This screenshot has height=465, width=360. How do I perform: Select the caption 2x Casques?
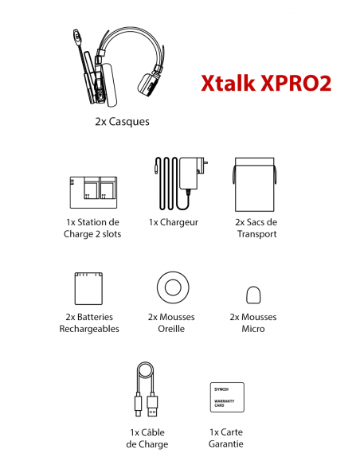(x=121, y=122)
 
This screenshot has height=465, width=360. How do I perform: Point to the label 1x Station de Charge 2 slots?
(x=92, y=229)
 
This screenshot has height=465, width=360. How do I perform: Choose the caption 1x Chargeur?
(x=174, y=223)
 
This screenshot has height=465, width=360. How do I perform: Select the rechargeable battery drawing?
(x=89, y=287)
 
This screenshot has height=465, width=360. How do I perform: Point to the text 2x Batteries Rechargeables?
(x=89, y=322)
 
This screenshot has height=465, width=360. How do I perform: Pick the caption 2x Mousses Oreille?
(x=172, y=322)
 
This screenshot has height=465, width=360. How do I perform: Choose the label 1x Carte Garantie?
(x=226, y=438)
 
